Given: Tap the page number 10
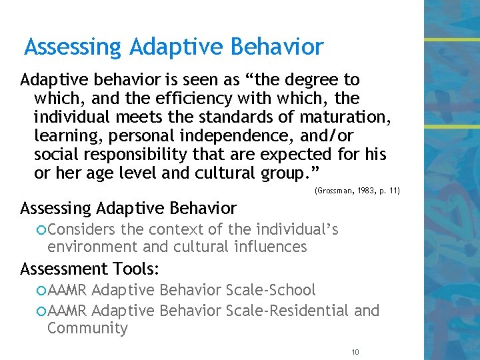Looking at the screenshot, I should coord(355,351).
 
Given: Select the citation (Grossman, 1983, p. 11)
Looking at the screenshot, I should coord(357,191).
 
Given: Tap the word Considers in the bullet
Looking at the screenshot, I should coord(79,230).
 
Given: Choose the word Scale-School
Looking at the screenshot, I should coord(271,290).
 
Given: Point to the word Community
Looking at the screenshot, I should coord(87,328).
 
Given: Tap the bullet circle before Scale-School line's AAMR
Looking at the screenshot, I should coord(42,291).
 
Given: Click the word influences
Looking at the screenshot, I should coord(273,247).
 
